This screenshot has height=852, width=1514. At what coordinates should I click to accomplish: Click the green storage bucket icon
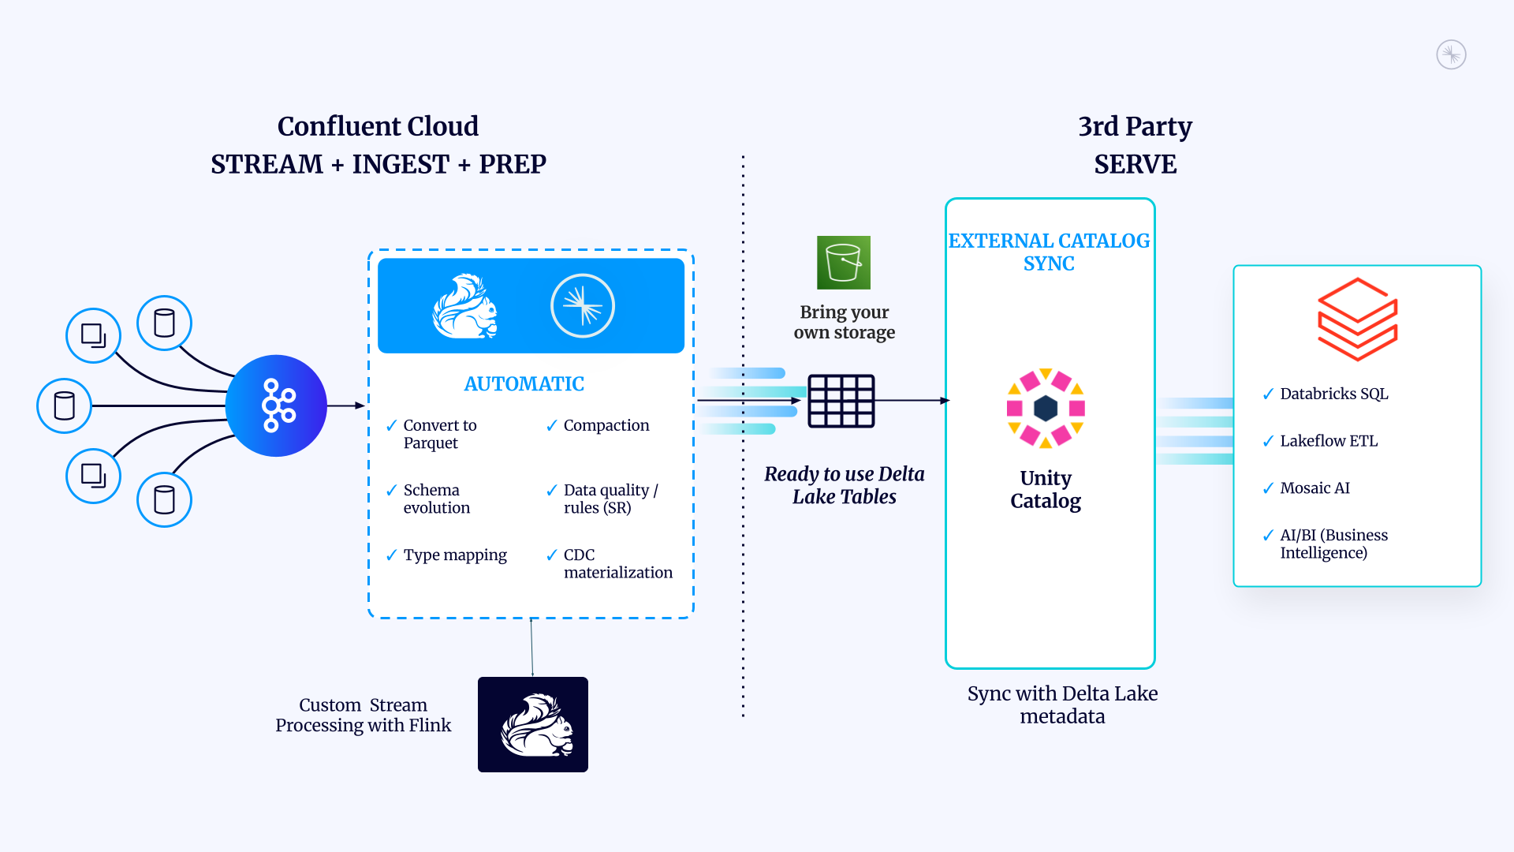pos(843,263)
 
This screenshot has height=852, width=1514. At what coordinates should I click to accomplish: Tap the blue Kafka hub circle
pos(276,405)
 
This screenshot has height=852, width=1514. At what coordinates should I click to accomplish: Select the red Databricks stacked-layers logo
pos(1357,319)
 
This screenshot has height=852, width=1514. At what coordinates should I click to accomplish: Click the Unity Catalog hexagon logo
pos(1046,408)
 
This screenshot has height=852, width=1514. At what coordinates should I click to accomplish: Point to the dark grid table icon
pos(841,401)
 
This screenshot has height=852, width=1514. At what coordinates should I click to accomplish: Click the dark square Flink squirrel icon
pos(533,724)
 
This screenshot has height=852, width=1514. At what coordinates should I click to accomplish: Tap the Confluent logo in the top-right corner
pos(1451,55)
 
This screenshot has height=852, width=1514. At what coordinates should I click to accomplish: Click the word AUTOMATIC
pos(524,384)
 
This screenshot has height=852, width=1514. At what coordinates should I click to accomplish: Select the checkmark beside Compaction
pos(552,426)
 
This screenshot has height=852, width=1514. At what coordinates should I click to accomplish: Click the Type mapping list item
pos(455,555)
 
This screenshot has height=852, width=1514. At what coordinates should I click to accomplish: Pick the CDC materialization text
pos(617,564)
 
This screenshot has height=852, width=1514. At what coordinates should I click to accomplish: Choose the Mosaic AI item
pos(1314,488)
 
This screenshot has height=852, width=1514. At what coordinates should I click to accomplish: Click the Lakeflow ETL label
pos(1329,441)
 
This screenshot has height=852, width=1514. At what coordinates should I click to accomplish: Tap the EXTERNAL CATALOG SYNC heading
pos(1049,252)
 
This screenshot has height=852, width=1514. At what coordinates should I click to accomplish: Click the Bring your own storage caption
pos(844,322)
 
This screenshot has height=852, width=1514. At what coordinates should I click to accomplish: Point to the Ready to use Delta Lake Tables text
pos(844,485)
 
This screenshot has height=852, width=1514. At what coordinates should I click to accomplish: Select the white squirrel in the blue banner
pos(465,306)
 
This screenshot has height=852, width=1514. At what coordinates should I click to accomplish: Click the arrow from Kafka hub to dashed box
pos(347,405)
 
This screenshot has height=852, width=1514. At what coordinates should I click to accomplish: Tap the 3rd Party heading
pos(1135,126)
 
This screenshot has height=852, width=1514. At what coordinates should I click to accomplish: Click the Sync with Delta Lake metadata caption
pos(1062,704)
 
